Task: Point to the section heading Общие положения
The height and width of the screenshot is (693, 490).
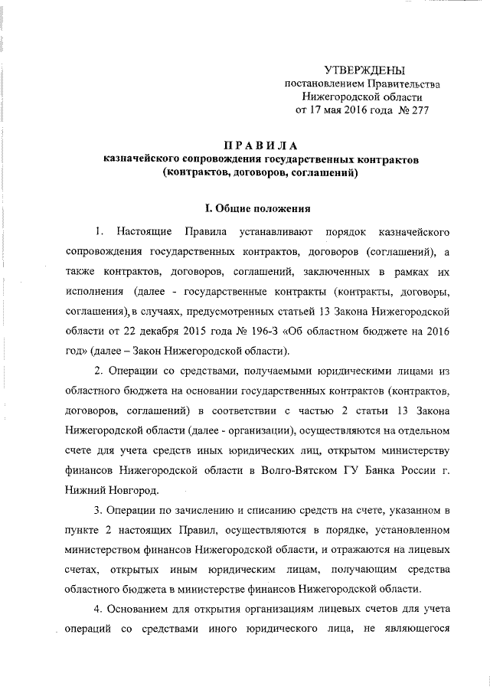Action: point(265,208)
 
